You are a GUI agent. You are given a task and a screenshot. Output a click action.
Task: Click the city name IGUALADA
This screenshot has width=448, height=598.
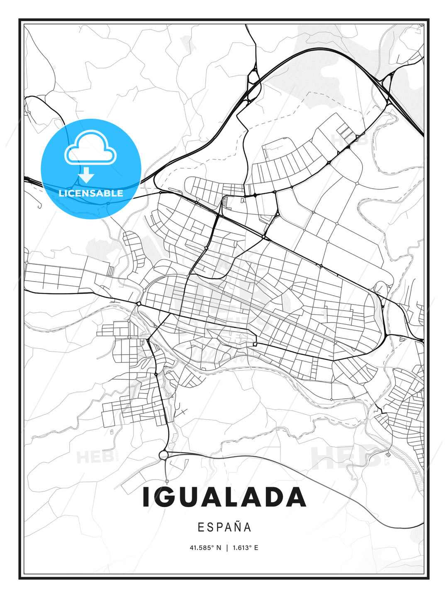coord(224,497)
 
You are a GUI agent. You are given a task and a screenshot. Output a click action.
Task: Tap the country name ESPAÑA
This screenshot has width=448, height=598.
coord(224,527)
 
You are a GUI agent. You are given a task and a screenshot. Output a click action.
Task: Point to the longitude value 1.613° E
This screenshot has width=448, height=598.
coord(245,548)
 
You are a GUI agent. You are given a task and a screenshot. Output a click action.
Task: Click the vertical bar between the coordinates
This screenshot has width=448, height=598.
coord(227,548)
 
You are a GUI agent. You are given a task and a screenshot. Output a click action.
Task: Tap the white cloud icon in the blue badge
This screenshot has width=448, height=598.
coord(90,147)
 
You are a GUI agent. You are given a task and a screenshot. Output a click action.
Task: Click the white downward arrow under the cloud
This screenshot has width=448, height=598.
coord(87,175)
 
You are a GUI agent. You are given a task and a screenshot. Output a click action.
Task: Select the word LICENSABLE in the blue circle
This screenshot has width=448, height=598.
coord(91,193)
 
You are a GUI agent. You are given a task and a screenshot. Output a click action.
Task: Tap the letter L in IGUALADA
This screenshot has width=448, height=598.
coord(240,497)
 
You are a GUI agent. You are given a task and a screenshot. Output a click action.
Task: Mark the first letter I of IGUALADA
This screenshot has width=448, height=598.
coord(146,497)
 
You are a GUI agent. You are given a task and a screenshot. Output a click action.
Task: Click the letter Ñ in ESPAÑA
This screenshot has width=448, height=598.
coord(238,527)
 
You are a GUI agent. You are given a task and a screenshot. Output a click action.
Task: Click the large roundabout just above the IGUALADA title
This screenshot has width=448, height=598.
coord(164,456)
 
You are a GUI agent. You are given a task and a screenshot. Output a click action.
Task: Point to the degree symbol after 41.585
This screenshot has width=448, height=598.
coord(213,546)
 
